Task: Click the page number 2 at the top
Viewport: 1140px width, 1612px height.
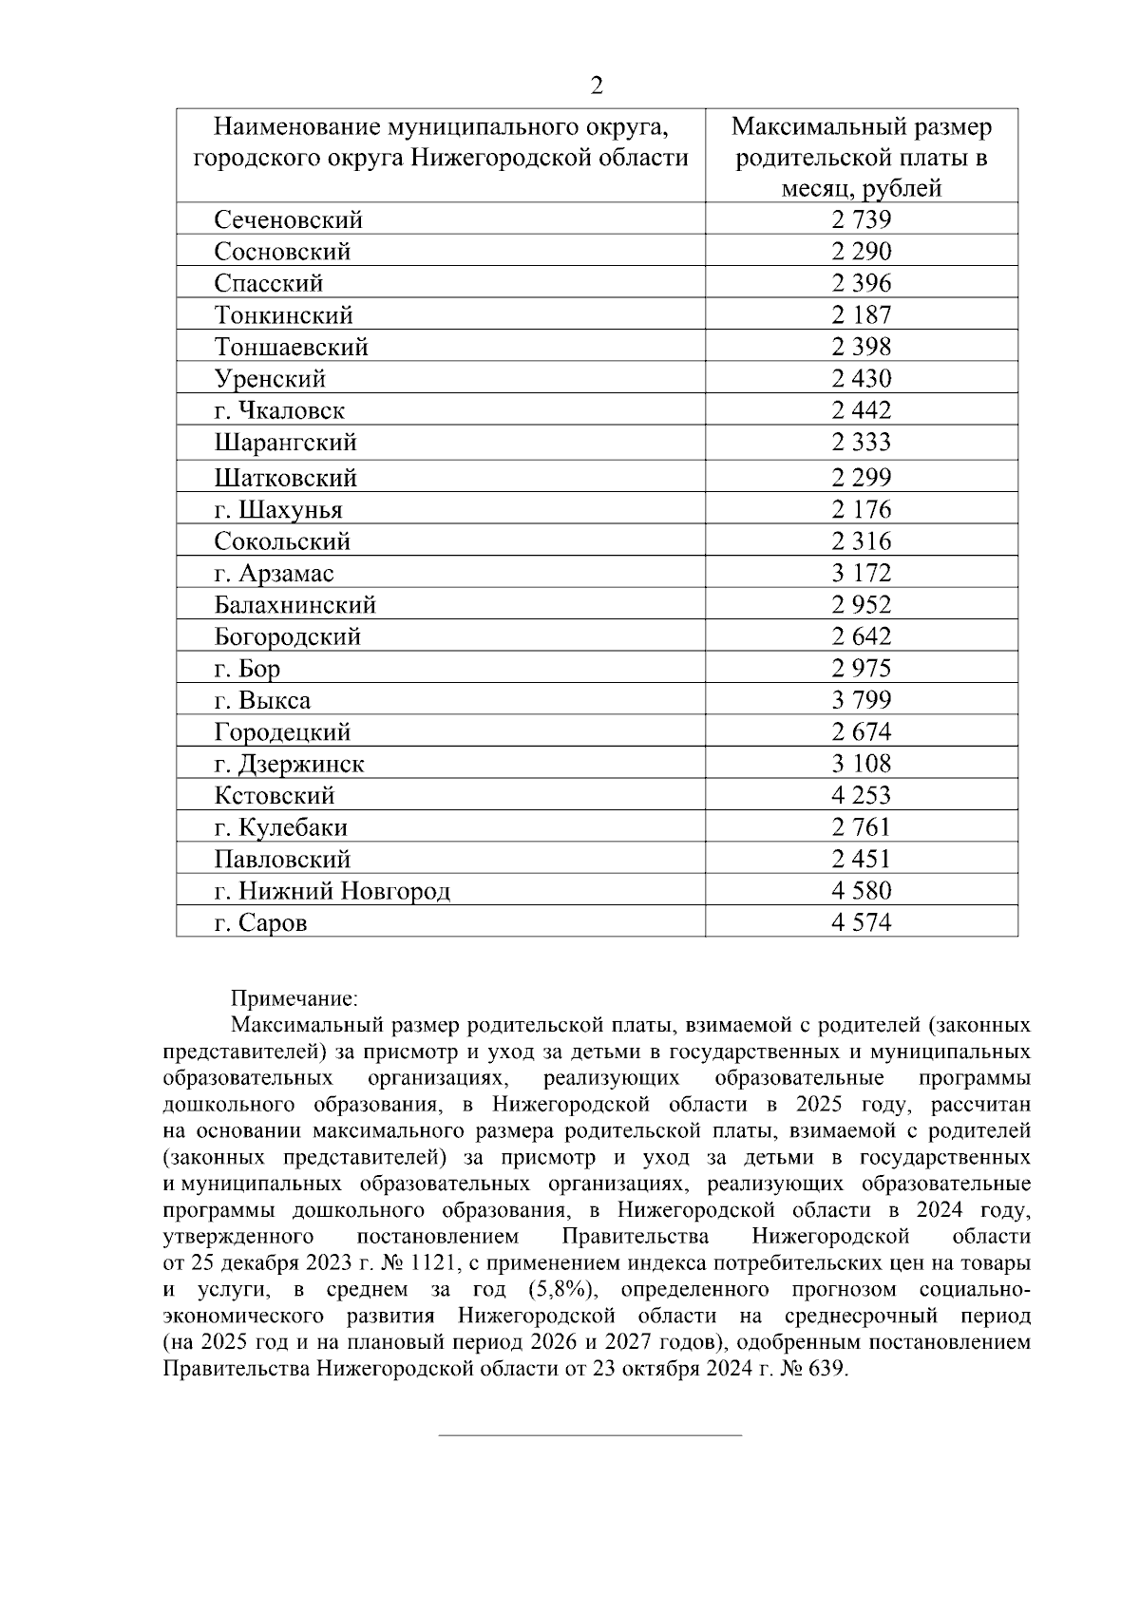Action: coord(597,86)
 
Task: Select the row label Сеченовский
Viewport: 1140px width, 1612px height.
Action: coord(288,220)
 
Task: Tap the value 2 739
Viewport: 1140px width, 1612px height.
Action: coord(861,220)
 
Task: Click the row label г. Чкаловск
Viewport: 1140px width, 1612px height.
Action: coord(279,411)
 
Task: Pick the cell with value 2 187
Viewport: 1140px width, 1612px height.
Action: coord(861,315)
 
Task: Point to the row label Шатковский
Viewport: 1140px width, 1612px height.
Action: coord(285,478)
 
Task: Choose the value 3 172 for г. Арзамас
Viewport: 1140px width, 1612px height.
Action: coord(861,574)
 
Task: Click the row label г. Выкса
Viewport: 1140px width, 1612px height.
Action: coord(262,701)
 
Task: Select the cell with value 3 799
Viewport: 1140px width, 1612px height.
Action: coord(861,701)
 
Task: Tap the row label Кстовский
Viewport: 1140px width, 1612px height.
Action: coord(275,796)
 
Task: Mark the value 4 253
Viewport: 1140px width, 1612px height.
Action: coord(861,796)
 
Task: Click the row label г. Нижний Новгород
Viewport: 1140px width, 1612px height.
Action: coord(332,892)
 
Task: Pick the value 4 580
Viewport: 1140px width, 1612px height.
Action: coord(861,892)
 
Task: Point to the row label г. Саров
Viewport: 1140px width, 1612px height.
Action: coord(260,923)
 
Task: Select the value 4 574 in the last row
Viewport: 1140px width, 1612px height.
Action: coord(861,923)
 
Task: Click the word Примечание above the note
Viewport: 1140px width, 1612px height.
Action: coord(294,999)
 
